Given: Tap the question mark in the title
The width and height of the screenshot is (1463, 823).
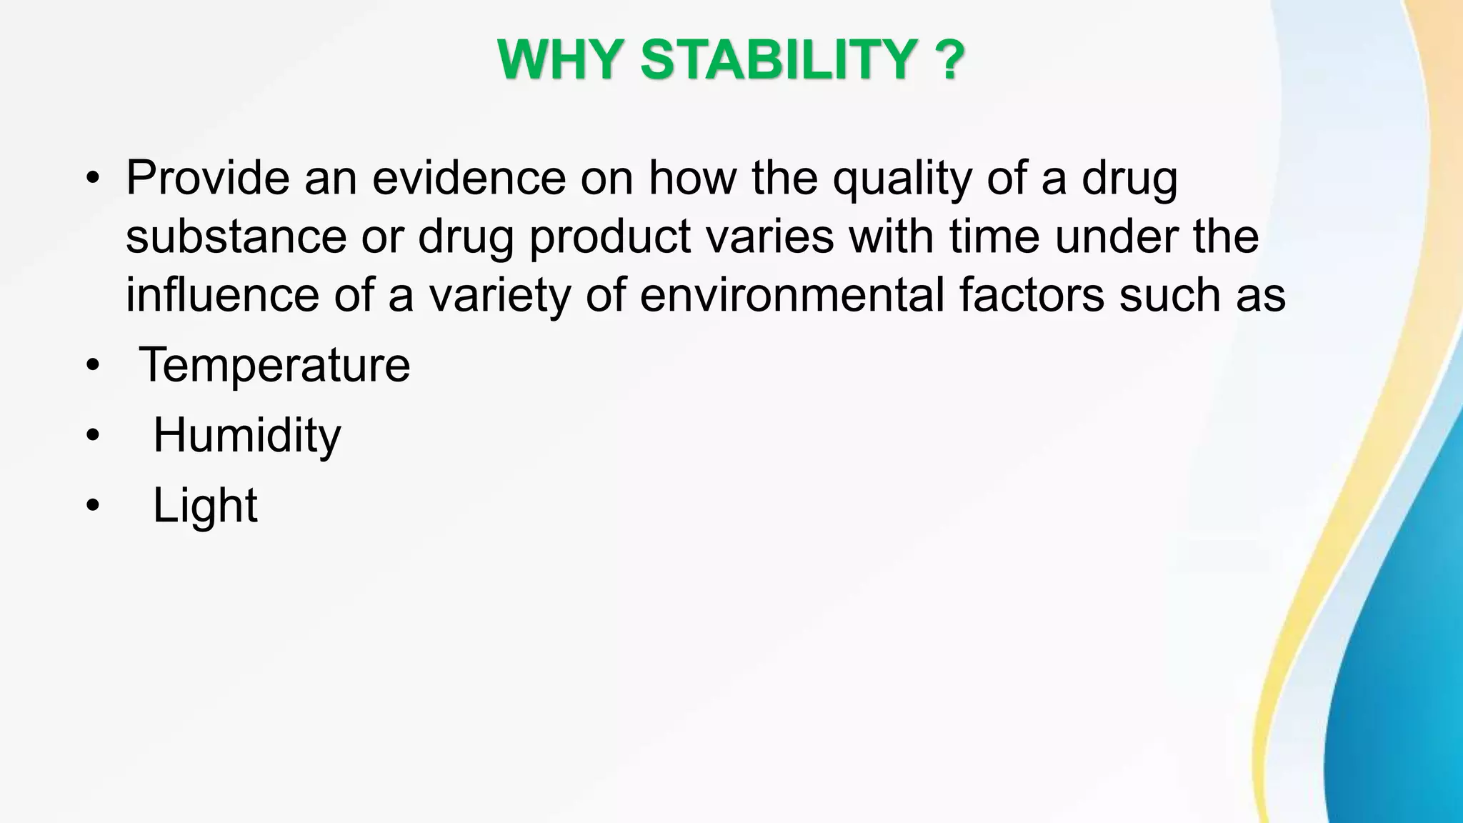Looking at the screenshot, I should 949,60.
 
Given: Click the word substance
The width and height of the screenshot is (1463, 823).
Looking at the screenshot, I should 236,236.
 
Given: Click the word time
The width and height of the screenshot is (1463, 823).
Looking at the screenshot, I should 994,236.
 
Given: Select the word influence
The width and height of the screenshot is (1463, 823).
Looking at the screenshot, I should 221,295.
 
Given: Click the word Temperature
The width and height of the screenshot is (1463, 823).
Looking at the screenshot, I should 274,365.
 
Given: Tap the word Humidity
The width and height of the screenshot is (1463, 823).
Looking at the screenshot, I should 247,436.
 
